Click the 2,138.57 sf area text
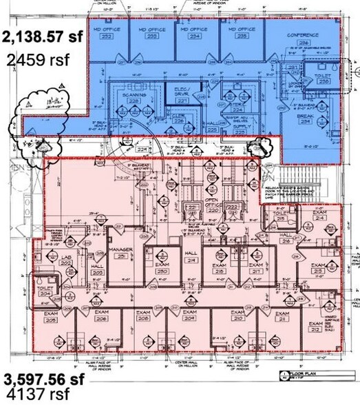44,37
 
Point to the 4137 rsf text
34,395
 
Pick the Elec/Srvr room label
182,91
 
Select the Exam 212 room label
315,326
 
